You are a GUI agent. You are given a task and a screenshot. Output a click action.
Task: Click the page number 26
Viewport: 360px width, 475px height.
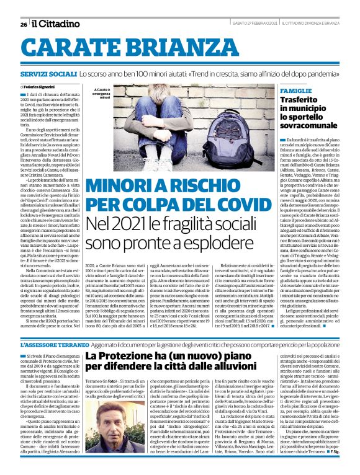23,24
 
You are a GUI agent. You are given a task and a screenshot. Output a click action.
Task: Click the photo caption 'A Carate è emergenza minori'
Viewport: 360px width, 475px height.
103,93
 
